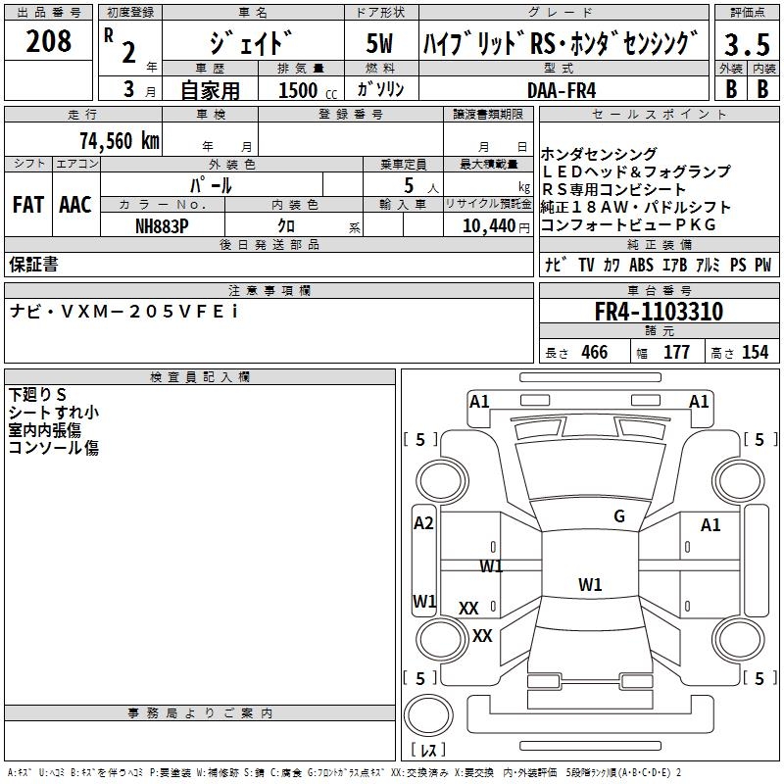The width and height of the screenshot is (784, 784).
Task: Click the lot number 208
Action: coord(48,41)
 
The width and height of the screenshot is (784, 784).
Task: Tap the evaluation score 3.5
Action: coord(747,44)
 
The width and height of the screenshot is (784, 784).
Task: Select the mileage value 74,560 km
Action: coord(120,140)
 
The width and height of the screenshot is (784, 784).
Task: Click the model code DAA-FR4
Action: coord(562,90)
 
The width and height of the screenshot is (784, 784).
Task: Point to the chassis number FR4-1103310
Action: coord(659,312)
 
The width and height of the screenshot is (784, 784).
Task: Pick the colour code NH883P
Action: coord(162,226)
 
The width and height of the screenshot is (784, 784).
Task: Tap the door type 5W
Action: coord(379,43)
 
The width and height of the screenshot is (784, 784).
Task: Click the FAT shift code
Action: coord(28,205)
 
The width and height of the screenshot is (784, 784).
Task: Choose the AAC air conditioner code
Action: coord(75,205)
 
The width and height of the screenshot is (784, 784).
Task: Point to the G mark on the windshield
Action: coord(619,516)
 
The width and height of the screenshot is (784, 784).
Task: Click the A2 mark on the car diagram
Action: coord(423,523)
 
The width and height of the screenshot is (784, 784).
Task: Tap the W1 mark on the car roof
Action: coord(590,584)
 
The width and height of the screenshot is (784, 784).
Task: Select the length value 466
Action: coord(595,352)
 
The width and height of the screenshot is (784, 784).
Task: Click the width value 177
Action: coord(676,352)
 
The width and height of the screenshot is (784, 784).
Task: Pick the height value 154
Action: coord(755,352)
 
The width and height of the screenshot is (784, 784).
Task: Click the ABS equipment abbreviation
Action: coord(641,265)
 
